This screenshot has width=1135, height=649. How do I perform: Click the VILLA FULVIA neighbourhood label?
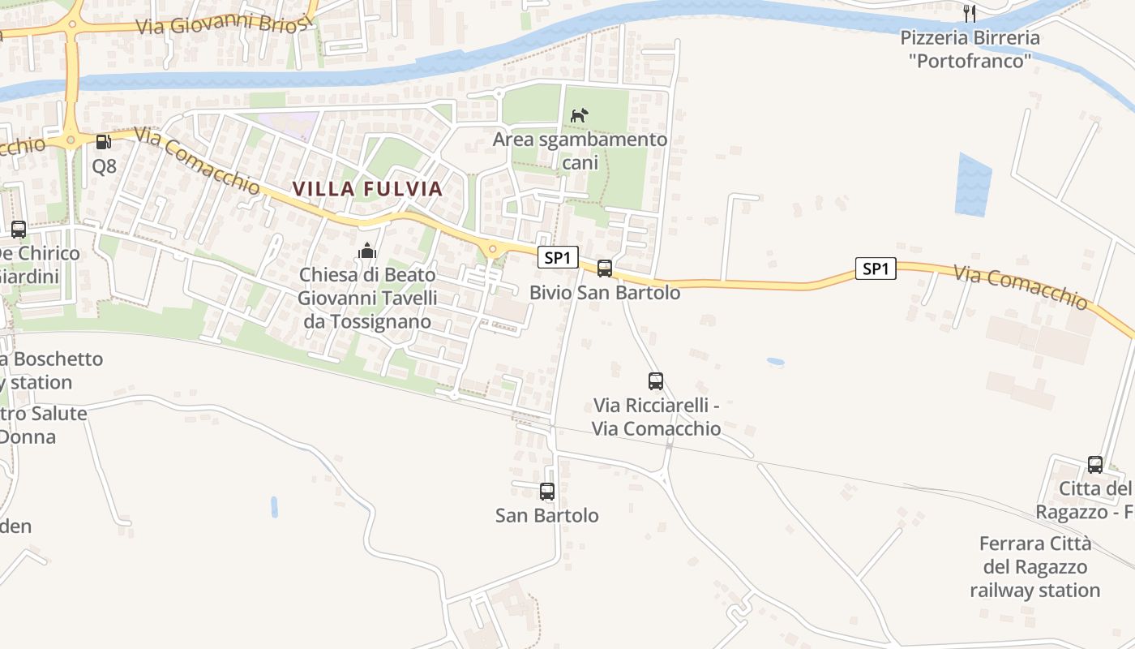pos(367,189)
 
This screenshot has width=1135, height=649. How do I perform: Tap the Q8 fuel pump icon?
pos(104,142)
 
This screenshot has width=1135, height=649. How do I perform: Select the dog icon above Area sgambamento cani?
pos(579,116)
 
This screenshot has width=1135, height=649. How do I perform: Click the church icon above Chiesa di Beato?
pos(367,251)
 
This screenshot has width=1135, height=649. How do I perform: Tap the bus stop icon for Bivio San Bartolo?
pos(605,269)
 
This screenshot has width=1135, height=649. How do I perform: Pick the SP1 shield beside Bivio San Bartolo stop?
pos(558,258)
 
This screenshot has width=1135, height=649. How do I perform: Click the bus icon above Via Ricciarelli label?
pos(656,380)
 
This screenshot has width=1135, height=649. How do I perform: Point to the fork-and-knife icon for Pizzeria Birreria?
pos(969,13)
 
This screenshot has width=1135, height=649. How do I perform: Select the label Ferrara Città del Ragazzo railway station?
pos(1034,566)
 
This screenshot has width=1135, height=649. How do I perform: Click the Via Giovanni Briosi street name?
pos(223,24)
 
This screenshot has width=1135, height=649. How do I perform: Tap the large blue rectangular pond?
pos(973,185)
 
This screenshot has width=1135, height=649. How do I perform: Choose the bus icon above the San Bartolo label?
pos(547,491)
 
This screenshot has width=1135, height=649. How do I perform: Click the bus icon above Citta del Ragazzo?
pos(1095,465)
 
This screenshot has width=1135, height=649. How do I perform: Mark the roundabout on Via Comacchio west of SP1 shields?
pos(492,249)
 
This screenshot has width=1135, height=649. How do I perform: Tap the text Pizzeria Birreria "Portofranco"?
pos(970,49)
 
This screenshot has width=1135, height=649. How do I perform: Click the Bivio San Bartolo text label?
pos(605,292)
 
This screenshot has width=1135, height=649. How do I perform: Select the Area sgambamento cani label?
pos(580,151)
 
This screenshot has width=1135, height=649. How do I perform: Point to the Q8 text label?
pos(104,167)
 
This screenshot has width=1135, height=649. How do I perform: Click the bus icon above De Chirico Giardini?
pos(19,230)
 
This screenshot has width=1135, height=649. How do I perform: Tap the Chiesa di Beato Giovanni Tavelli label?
pos(367,298)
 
